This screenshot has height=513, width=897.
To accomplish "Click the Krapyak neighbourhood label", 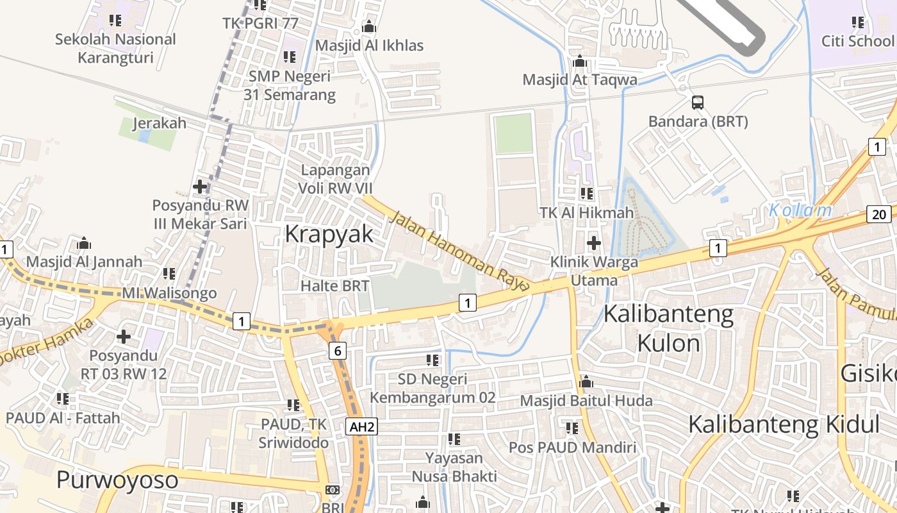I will click(329, 234).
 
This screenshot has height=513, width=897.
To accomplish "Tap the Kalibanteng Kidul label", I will click(784, 424).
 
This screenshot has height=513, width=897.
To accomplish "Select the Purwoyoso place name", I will click(117, 480).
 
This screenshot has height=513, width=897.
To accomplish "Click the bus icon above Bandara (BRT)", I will click(697, 102).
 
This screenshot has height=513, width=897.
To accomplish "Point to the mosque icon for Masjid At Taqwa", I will click(580, 62).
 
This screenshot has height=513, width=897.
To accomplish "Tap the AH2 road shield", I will click(361, 426).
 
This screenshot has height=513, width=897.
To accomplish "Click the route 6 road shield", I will click(337, 350).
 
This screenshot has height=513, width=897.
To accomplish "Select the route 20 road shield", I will click(880, 214).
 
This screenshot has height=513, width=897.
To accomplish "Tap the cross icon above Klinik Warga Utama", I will click(594, 243).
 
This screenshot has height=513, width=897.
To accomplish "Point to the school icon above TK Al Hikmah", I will click(586, 193).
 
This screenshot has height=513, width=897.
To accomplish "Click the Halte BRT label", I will click(335, 286).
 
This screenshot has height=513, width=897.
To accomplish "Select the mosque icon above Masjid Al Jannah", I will click(84, 243).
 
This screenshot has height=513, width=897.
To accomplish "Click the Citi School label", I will click(857, 41).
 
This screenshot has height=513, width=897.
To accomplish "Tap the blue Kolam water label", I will click(800, 210).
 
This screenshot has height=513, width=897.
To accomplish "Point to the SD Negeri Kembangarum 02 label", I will click(432, 389).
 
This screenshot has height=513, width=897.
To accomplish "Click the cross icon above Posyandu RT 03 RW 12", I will click(124, 337).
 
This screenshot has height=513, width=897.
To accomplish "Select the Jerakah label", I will click(160, 123).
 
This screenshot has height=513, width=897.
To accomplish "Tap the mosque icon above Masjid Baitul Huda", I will click(586, 382).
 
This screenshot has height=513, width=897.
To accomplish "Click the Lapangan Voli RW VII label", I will click(335, 180).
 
